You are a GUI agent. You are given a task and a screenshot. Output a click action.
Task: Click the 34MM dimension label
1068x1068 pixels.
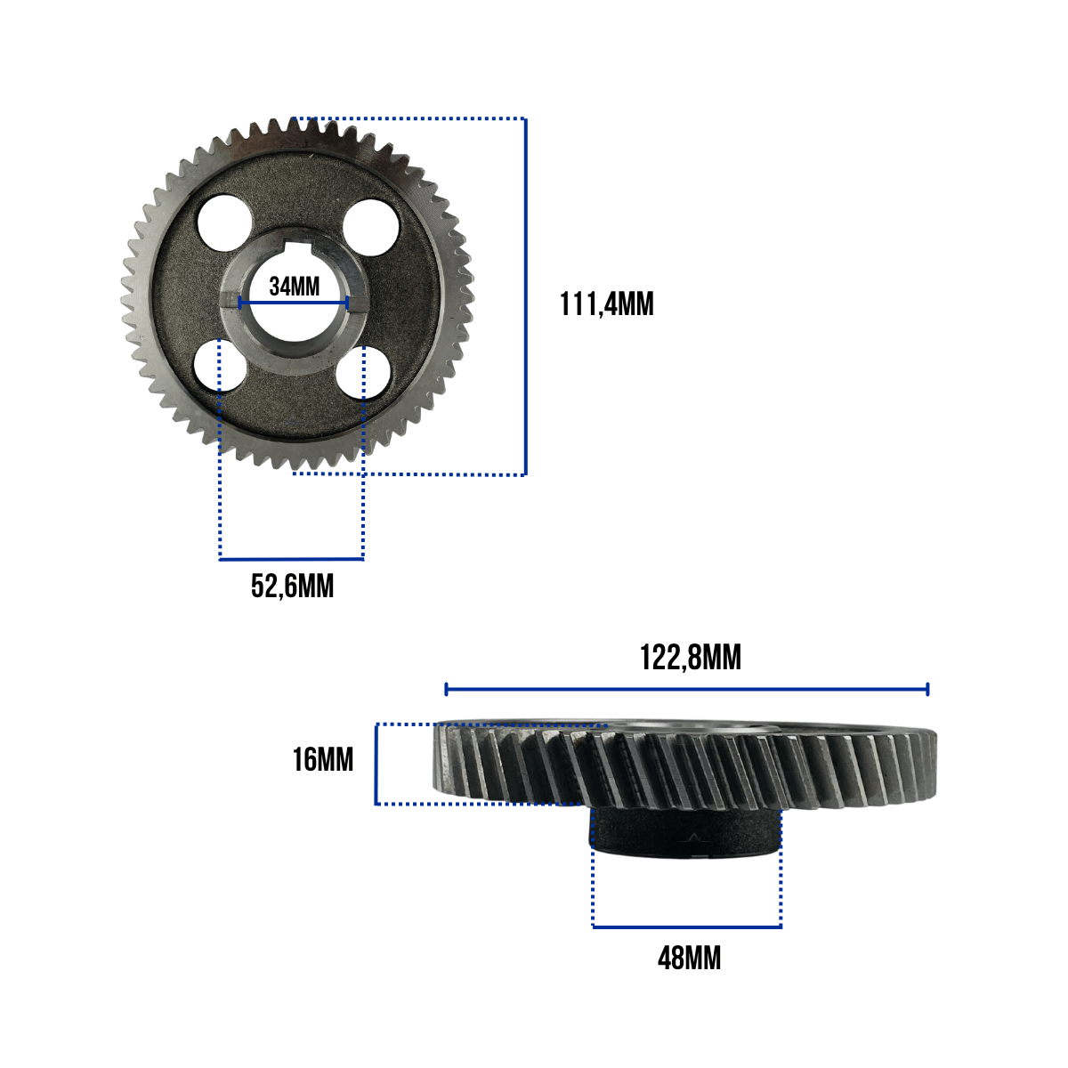(295, 287)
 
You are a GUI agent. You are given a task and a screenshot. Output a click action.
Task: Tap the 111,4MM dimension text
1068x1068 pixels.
(606, 304)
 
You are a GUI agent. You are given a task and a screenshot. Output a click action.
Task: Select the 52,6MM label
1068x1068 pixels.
(292, 587)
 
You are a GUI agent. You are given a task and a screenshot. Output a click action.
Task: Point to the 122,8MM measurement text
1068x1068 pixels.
(690, 658)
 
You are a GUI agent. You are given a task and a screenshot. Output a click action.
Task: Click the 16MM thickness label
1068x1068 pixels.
(322, 759)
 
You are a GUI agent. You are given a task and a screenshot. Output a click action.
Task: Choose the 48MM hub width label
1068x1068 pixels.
(689, 959)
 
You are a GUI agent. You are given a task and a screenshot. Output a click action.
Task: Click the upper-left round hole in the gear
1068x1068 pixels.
(224, 222)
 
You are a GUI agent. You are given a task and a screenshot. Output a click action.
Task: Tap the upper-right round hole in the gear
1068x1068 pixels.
(371, 227)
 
